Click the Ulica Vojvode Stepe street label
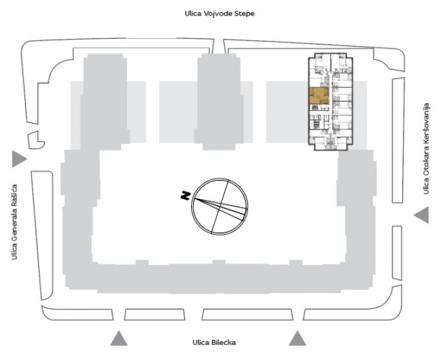pos(220,14)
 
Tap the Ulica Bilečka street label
pos(214,343)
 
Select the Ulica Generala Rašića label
pos(14,222)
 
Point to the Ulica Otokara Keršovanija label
pos(426,148)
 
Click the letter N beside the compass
pos(185,196)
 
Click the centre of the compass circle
pos(220,207)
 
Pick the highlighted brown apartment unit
pos(319,96)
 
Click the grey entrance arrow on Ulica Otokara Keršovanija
pos(421,215)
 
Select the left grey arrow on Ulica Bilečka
pos(119,339)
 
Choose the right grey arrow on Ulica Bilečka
pos(297,339)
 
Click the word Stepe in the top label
pos(244,14)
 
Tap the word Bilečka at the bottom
pos(223,343)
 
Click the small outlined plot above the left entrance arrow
pos(36,141)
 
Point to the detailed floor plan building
pos(330,102)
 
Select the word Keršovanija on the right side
pos(426,124)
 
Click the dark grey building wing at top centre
pos(219,102)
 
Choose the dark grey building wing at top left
pos(105,102)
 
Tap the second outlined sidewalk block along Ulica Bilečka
pos(155,315)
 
